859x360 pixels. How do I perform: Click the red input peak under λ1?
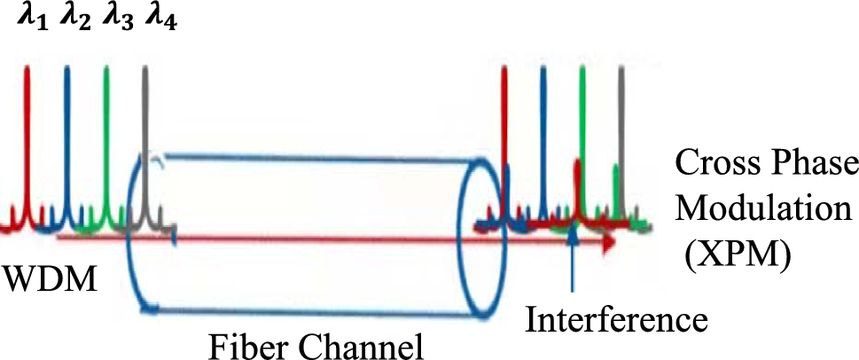(x=27, y=133)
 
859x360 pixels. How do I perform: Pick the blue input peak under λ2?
(x=66, y=133)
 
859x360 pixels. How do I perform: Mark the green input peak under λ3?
(x=106, y=133)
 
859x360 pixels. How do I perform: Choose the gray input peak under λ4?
(x=146, y=133)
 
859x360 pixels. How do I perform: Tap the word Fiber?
(x=245, y=342)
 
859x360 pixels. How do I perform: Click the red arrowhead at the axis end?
(x=607, y=240)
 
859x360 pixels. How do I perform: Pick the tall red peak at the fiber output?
(x=504, y=133)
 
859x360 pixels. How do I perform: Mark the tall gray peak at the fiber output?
(x=621, y=133)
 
